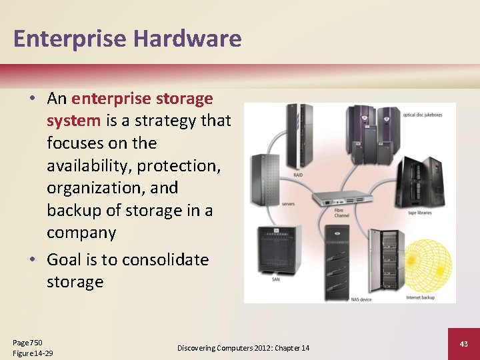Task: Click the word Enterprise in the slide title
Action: (69, 39)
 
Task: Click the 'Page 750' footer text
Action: (27, 342)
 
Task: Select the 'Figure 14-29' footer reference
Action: (33, 353)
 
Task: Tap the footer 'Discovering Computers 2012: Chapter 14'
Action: (243, 348)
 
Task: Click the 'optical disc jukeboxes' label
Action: (423, 115)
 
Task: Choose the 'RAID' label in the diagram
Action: (298, 175)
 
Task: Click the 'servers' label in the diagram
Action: (288, 203)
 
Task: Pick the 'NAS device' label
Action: (361, 299)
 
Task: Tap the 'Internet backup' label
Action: (421, 297)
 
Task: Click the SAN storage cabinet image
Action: (278, 254)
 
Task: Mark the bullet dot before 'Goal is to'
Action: (31, 259)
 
